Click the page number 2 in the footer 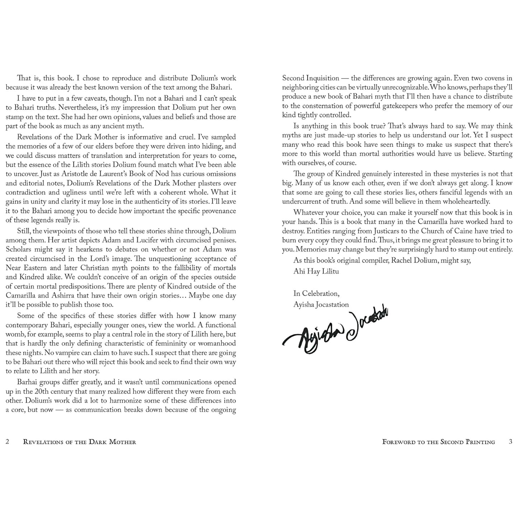click(x=8, y=442)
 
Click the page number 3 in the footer click(x=511, y=442)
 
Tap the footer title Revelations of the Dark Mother click(x=79, y=442)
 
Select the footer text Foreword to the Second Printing click(x=439, y=442)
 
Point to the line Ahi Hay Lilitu click(x=316, y=271)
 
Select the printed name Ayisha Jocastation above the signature click(x=321, y=305)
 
